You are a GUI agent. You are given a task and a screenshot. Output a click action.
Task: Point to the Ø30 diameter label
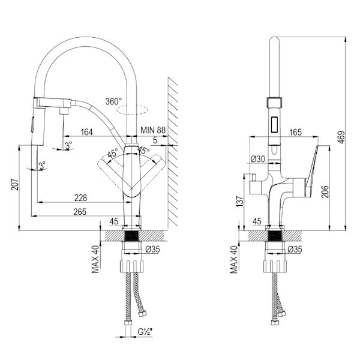click(258, 159)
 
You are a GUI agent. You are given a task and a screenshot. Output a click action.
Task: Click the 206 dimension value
click(325, 191)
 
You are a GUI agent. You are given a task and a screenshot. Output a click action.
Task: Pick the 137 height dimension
click(239, 203)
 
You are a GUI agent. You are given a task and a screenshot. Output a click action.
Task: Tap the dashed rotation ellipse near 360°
click(132, 110)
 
